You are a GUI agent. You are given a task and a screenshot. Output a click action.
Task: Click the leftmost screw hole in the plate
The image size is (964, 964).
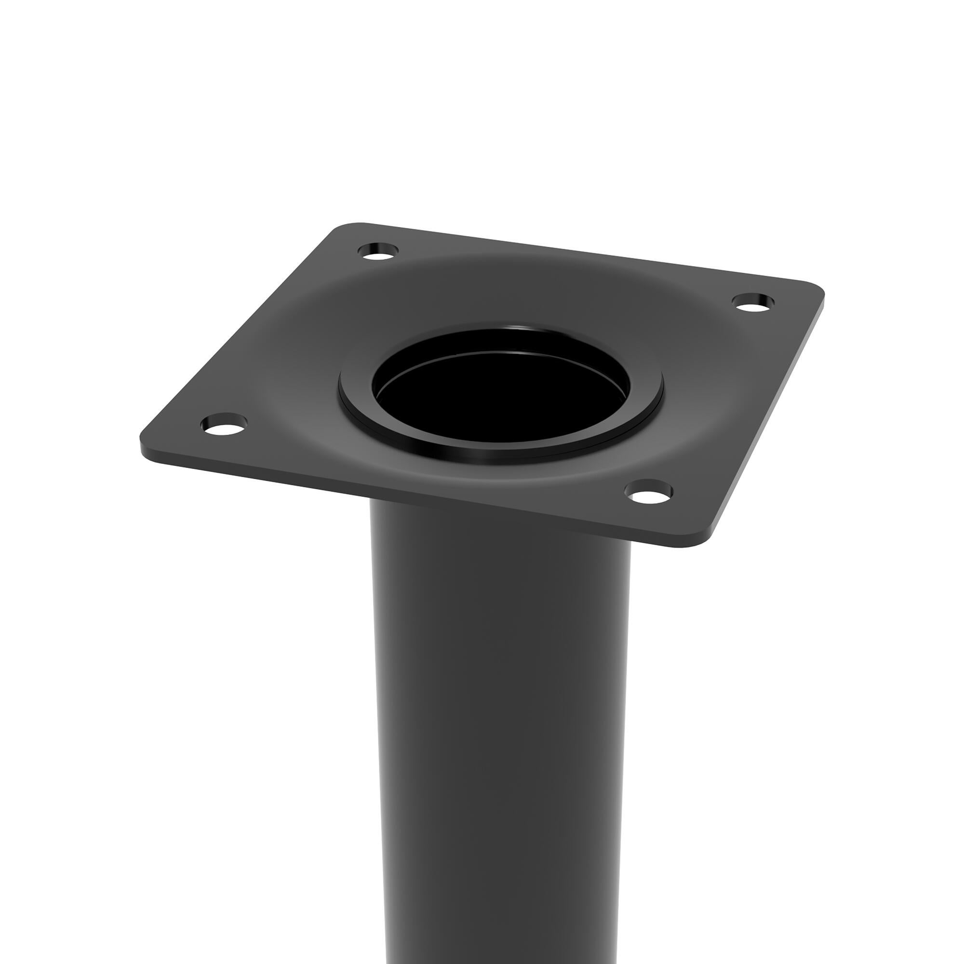point(224,425)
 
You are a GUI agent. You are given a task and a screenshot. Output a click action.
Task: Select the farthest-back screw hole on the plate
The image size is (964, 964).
point(378,252)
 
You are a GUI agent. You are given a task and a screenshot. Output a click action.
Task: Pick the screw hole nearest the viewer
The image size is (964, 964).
point(648,492)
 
